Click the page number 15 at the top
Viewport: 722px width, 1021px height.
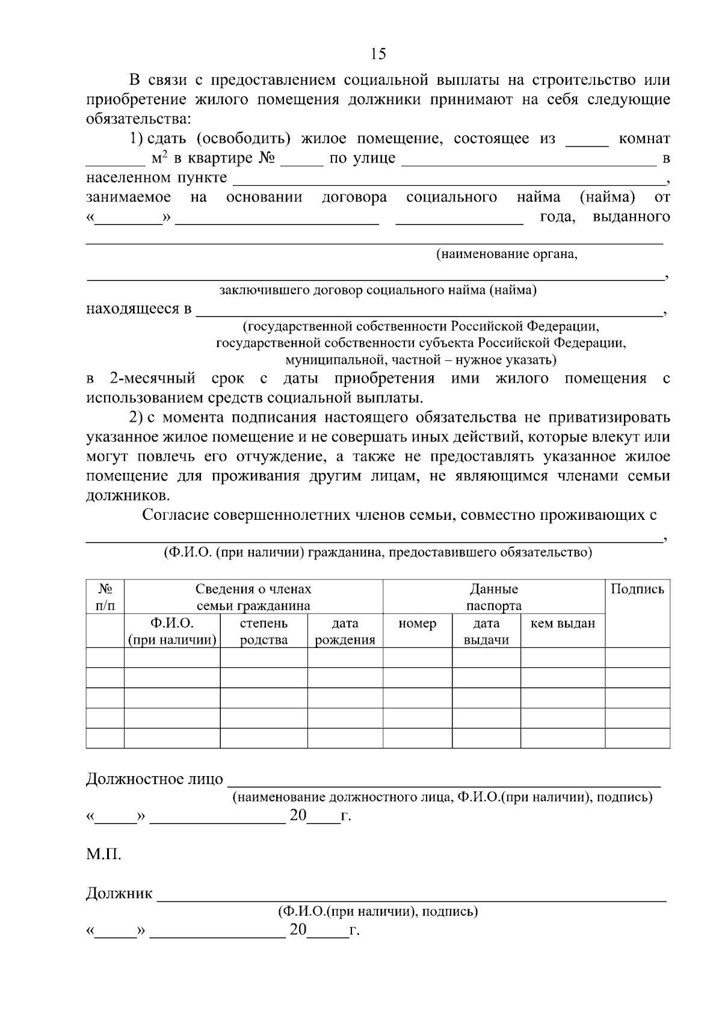click(x=378, y=54)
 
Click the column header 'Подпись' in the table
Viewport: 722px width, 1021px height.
click(x=637, y=590)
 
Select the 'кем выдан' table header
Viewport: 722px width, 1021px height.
click(x=563, y=624)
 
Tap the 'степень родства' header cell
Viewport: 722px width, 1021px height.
click(x=264, y=632)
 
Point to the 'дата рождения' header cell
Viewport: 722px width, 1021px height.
click(x=345, y=632)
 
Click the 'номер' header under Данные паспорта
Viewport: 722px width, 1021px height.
click(x=417, y=624)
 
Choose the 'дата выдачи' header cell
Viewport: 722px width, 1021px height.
click(x=486, y=632)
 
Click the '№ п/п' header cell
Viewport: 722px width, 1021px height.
click(x=105, y=597)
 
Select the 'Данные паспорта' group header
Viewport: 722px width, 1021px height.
click(x=493, y=597)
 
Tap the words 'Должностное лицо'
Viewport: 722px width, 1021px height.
click(x=155, y=780)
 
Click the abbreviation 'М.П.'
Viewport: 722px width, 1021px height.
click(x=103, y=854)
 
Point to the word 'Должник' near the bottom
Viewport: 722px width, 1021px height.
click(x=119, y=893)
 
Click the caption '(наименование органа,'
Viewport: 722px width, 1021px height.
click(x=507, y=254)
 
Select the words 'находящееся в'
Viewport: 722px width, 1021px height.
click(x=139, y=309)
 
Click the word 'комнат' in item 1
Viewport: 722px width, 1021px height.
click(x=644, y=139)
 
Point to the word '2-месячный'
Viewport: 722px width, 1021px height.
click(x=152, y=378)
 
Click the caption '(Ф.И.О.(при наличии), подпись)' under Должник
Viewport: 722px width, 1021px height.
click(x=378, y=911)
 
